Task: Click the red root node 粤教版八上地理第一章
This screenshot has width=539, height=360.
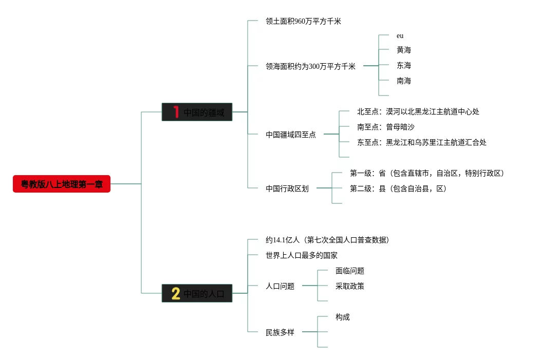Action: click(62, 184)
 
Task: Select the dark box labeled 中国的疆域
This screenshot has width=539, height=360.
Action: click(197, 112)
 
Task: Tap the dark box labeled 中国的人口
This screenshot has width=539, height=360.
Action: click(197, 293)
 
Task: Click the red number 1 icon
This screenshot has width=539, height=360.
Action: click(176, 112)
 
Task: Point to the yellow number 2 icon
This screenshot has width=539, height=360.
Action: click(176, 293)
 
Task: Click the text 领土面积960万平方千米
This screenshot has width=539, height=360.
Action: click(303, 21)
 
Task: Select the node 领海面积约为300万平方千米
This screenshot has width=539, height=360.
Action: click(310, 66)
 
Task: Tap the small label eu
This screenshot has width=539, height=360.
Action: click(400, 36)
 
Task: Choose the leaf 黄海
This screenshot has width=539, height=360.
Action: click(403, 50)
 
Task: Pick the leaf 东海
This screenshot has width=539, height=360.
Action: click(403, 65)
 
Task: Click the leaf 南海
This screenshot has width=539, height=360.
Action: click(403, 81)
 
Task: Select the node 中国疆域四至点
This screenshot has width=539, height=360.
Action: click(291, 135)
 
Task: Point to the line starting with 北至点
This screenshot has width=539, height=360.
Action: click(418, 111)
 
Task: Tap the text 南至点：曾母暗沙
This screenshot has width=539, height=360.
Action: click(385, 127)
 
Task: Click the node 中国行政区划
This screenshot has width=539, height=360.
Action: click(287, 188)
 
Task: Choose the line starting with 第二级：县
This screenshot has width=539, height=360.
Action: click(398, 188)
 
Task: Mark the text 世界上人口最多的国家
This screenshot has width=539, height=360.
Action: click(301, 255)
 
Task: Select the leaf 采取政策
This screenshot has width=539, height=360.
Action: click(349, 286)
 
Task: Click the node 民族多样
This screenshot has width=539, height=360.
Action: click(280, 332)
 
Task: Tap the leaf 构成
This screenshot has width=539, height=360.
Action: click(342, 317)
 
